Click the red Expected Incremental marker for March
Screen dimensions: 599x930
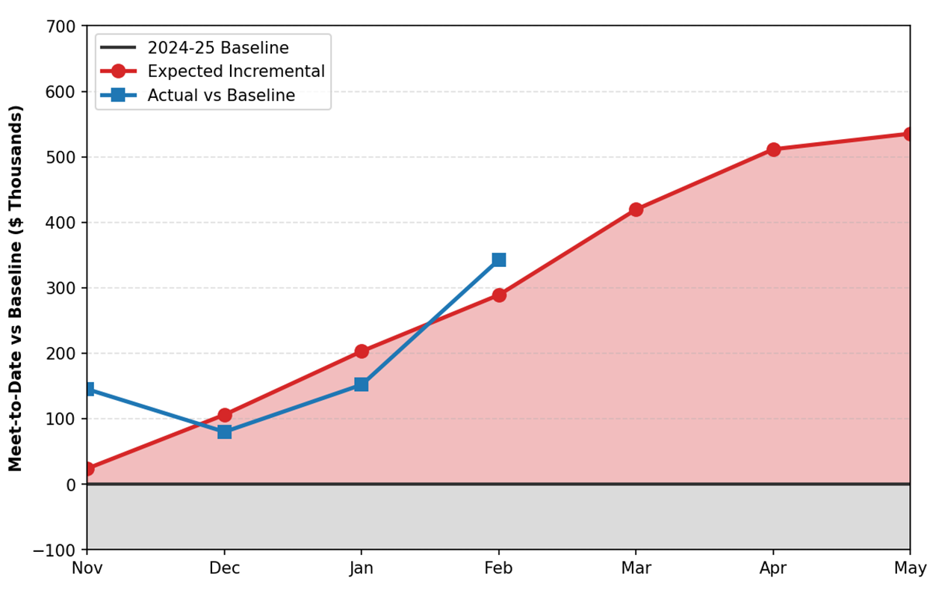[636, 209]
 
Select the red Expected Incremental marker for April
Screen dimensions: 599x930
[773, 150]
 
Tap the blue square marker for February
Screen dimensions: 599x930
[499, 259]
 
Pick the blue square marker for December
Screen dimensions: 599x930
[224, 431]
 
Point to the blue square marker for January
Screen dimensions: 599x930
[362, 384]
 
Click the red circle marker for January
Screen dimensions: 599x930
[362, 351]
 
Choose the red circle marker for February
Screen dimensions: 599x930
[499, 295]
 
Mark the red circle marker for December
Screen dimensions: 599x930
[224, 415]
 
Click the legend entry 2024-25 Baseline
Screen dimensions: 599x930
[217, 49]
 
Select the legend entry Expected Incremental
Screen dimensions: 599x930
[235, 72]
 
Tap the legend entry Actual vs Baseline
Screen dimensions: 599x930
[220, 96]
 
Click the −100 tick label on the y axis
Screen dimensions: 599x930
[55, 550]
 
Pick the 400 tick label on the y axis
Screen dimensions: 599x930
[61, 223]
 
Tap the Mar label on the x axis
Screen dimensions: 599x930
[636, 569]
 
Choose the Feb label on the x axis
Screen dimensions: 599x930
[499, 569]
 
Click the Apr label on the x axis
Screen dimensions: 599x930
[773, 569]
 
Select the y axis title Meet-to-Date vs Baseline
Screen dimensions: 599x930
[16, 288]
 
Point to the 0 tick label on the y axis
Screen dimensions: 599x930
[71, 485]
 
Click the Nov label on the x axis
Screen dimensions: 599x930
[87, 569]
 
